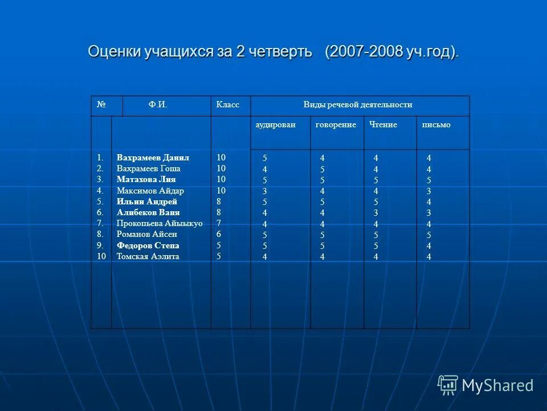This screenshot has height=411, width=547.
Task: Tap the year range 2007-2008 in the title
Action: pos(365,51)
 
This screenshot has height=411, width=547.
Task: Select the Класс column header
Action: pos(227,105)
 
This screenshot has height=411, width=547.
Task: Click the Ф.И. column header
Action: pos(158,105)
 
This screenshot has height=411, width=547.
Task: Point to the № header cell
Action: pos(102,105)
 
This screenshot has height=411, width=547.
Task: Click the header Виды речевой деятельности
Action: pos(358,105)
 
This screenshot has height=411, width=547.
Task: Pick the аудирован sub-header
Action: pos(275,125)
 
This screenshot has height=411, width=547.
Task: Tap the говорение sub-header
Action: pos(336,125)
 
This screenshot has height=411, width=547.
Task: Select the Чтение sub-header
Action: pos(383,125)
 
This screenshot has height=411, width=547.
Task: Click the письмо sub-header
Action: pos(436,125)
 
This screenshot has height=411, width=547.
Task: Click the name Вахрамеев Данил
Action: pos(153,158)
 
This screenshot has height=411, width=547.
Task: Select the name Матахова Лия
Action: pos(146,179)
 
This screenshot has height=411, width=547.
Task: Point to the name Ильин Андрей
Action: pos(147,202)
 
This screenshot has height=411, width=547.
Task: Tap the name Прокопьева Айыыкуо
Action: pos(160,223)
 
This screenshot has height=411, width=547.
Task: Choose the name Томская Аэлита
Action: pos(148,256)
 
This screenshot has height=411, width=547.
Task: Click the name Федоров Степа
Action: pos(148,245)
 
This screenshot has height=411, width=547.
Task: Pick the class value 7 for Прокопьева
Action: pos(218,223)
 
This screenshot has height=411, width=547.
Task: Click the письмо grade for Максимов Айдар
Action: pos(429,191)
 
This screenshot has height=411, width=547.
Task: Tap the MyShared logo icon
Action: pos(448,385)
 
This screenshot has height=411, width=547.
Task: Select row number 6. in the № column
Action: pos(100,212)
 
